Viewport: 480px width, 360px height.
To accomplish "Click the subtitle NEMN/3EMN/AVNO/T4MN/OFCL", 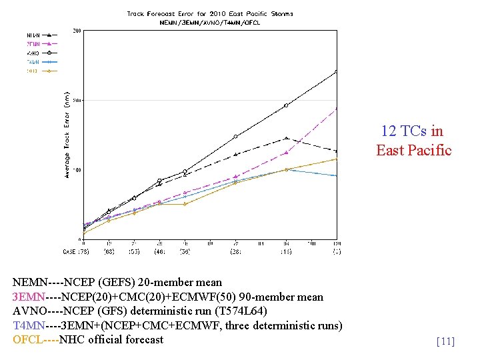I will (210, 22).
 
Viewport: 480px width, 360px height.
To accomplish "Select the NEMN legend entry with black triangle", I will (41, 34).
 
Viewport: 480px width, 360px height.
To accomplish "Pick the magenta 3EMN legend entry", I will (41, 43).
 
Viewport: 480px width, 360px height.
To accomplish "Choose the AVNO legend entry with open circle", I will (41, 52).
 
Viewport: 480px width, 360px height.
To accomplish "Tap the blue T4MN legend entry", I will (41, 61).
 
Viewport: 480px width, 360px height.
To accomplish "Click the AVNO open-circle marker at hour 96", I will (286, 105).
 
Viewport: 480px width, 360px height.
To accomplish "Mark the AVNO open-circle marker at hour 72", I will (235, 137).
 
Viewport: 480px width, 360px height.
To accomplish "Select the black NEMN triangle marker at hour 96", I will (286, 138).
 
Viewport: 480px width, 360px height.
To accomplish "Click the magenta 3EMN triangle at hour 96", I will (286, 153).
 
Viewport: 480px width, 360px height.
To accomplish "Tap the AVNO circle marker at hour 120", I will (337, 71).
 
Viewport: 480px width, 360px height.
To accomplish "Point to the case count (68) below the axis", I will (109, 251).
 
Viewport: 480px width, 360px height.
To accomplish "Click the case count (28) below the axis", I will (235, 251).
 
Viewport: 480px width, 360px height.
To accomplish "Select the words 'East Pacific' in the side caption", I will (413, 150).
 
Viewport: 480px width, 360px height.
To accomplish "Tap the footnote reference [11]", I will (445, 342).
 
